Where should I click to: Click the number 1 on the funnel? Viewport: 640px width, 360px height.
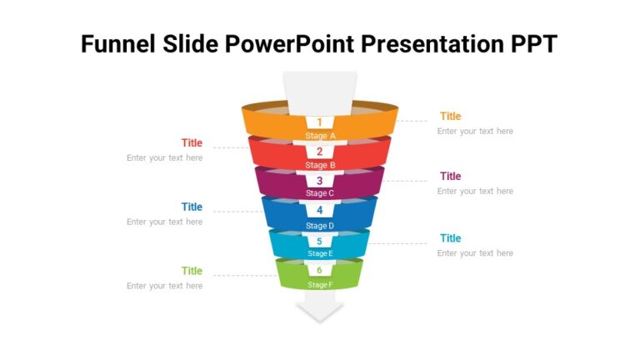[319, 122]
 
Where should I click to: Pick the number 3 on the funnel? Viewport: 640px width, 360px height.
[319, 181]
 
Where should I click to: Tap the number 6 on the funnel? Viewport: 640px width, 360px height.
[319, 270]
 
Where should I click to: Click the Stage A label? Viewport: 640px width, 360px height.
[320, 136]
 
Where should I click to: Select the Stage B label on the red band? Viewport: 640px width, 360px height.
[320, 165]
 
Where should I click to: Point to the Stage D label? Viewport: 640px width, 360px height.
[320, 226]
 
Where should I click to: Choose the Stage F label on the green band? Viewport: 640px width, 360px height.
[320, 285]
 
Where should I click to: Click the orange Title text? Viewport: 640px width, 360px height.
[450, 117]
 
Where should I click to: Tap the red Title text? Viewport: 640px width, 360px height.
[192, 143]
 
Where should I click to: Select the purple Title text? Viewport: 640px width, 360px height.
[450, 177]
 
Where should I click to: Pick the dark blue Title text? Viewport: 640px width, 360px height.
[192, 207]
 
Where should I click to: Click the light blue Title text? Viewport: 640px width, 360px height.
[450, 238]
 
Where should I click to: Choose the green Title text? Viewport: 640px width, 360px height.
[192, 271]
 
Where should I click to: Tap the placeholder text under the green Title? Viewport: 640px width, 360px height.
[164, 286]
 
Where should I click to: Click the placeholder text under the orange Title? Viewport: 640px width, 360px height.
[475, 131]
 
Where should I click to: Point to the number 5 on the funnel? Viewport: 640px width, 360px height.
[319, 242]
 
